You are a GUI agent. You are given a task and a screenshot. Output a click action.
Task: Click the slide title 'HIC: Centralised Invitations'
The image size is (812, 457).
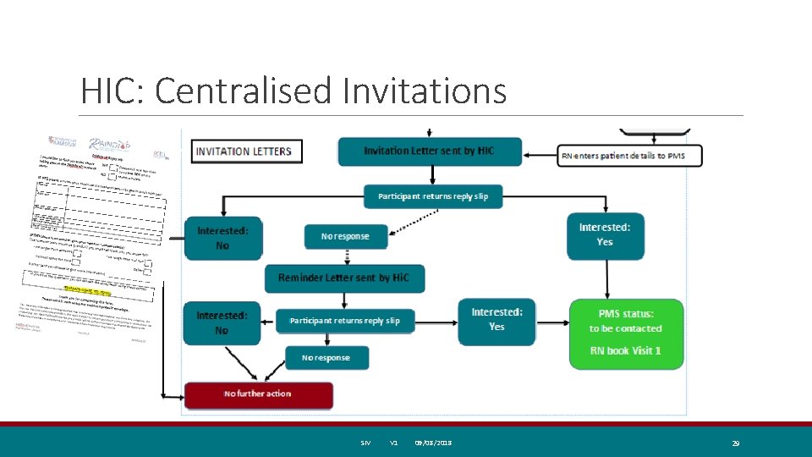[x=293, y=91]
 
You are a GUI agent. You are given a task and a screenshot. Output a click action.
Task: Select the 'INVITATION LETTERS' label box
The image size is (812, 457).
[x=244, y=151]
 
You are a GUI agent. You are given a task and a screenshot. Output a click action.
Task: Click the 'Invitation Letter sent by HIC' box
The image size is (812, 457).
[x=429, y=151]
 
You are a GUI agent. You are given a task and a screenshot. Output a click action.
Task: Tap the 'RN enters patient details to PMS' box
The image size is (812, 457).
[x=623, y=156]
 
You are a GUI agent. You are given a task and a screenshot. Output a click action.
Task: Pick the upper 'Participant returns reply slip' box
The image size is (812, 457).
[x=433, y=196]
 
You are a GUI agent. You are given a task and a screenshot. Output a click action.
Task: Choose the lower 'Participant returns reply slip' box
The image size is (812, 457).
[x=344, y=321]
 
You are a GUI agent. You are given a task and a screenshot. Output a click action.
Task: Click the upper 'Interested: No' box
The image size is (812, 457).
[x=222, y=236]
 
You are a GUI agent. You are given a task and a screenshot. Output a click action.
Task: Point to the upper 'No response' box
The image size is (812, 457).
[x=345, y=236]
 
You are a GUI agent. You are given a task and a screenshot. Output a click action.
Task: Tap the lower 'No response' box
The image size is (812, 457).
[x=326, y=358]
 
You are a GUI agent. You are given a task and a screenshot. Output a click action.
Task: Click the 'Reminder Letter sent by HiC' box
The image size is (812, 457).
[x=344, y=278]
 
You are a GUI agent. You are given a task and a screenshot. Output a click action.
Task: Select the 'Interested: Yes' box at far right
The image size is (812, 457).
[x=605, y=234]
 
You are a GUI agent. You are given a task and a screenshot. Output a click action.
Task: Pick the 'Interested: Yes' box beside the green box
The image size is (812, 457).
[x=497, y=320]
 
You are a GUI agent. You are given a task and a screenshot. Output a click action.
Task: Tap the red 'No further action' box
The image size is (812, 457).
[x=259, y=394]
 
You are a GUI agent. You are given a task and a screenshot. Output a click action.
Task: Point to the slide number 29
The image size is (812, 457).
[x=735, y=443]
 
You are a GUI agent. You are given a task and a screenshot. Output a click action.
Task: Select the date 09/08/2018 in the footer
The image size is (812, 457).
[x=433, y=443]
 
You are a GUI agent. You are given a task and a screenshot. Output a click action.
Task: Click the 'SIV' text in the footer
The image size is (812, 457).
[x=365, y=443]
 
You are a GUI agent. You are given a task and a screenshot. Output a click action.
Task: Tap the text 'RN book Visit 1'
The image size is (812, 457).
[x=625, y=350]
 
